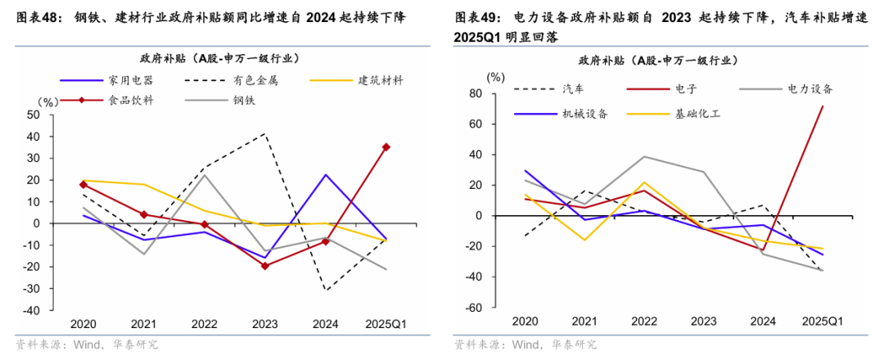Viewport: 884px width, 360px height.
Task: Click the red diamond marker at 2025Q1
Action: (x=386, y=147)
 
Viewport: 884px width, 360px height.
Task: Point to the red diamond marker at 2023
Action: (x=264, y=266)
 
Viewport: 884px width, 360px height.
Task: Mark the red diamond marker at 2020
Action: (x=83, y=184)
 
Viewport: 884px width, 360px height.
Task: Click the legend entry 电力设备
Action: (x=810, y=88)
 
